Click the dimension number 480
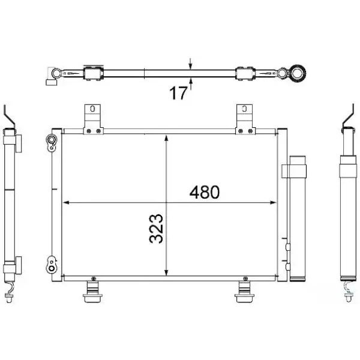tap(205, 192)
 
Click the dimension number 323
tap(156, 229)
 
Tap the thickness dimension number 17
tap(178, 93)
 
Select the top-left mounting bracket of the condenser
tap(93, 119)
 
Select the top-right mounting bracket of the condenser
tap(245, 119)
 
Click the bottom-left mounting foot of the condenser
tap(93, 290)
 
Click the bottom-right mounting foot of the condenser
tap(245, 290)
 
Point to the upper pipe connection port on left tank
tap(52, 142)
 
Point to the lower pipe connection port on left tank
tap(52, 265)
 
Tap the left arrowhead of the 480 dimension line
tap(66, 203)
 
